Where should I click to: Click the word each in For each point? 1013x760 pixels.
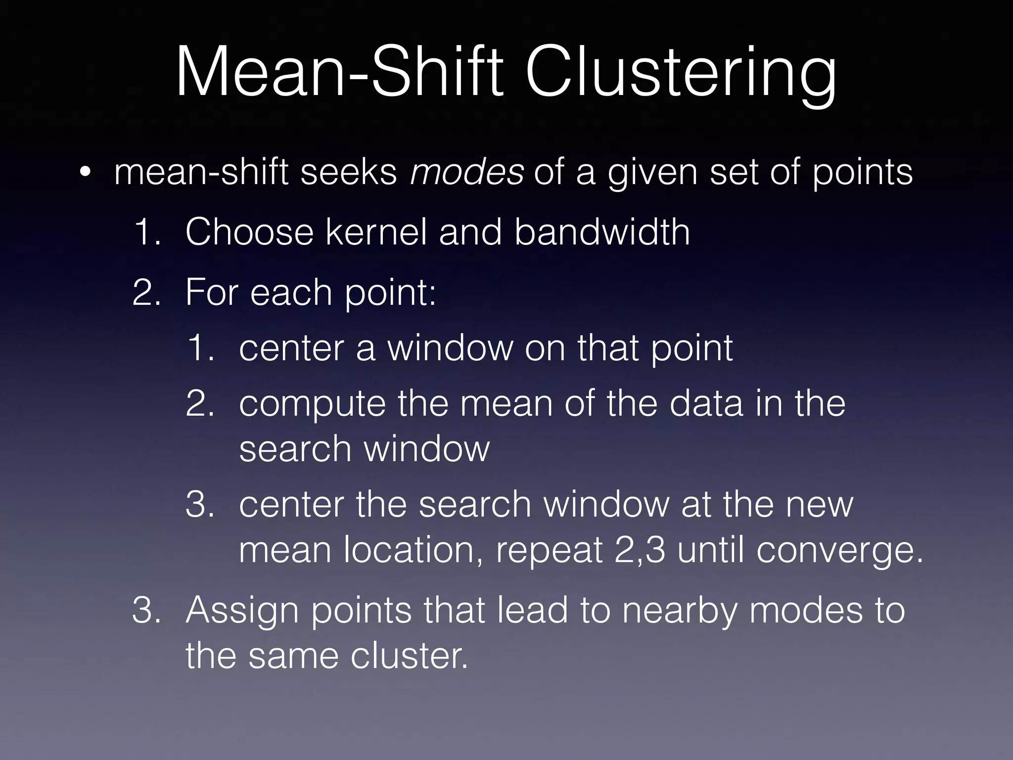(291, 292)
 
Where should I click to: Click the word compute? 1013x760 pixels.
(312, 405)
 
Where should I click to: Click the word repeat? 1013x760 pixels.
(549, 551)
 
